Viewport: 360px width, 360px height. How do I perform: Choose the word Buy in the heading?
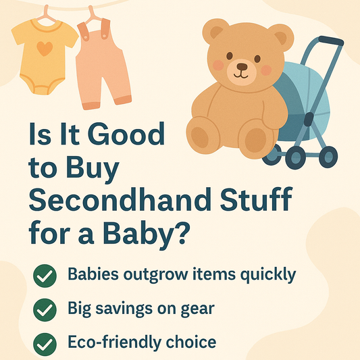click(x=97, y=168)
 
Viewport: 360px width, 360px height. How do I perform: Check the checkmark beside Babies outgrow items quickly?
click(x=45, y=276)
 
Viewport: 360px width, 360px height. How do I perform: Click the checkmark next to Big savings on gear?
click(x=45, y=310)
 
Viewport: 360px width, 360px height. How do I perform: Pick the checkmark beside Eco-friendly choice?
click(x=45, y=344)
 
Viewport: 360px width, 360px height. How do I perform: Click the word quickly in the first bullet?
click(x=269, y=276)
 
